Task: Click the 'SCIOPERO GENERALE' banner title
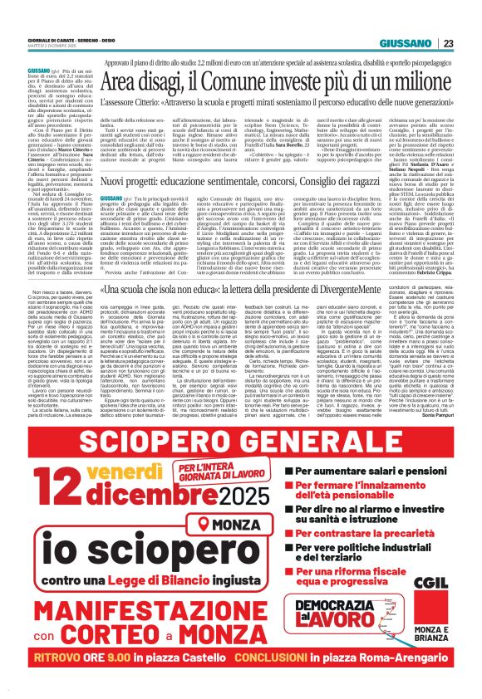241,442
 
